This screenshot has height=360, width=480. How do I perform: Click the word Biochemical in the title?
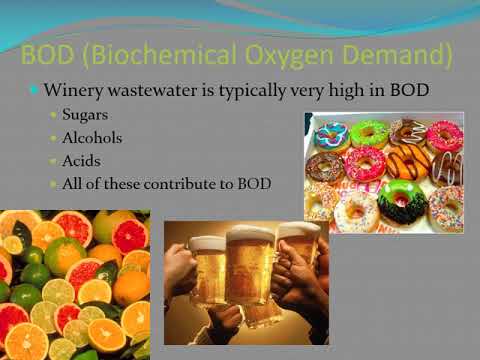(143, 52)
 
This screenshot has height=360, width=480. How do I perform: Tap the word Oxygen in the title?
(258, 52)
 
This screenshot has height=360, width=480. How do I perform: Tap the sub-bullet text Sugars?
(87, 117)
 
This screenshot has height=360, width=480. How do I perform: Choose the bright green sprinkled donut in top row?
(369, 132)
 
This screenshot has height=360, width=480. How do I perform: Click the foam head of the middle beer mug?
(249, 238)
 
